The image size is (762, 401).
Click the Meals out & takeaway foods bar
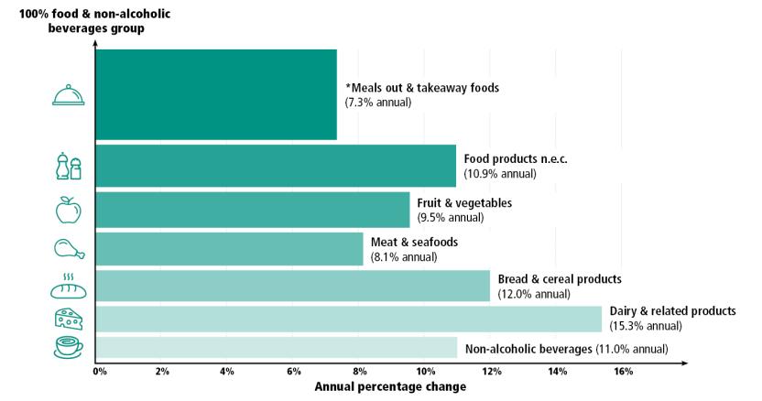pos(216,95)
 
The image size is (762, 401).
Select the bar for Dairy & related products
pos(348,319)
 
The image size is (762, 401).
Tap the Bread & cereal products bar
pos(292,286)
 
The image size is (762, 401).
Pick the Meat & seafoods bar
pos(229,249)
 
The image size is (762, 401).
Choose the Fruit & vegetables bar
pos(252,210)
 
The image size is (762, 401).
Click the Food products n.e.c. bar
pos(275,166)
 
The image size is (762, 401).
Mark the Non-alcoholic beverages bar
pos(276,348)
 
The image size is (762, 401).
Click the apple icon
pos(69,211)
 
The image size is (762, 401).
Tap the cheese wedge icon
pos(69,318)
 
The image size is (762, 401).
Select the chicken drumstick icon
pos(69,248)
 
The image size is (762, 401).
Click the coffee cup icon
pos(69,348)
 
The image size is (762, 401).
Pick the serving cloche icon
pos(69,94)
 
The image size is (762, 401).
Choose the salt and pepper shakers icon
pos(69,166)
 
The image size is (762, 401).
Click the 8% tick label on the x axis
pos(360,372)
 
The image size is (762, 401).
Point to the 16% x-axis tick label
pos(623,372)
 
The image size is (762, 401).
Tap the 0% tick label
pos(100,372)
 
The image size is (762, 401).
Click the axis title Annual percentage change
pos(390,387)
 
